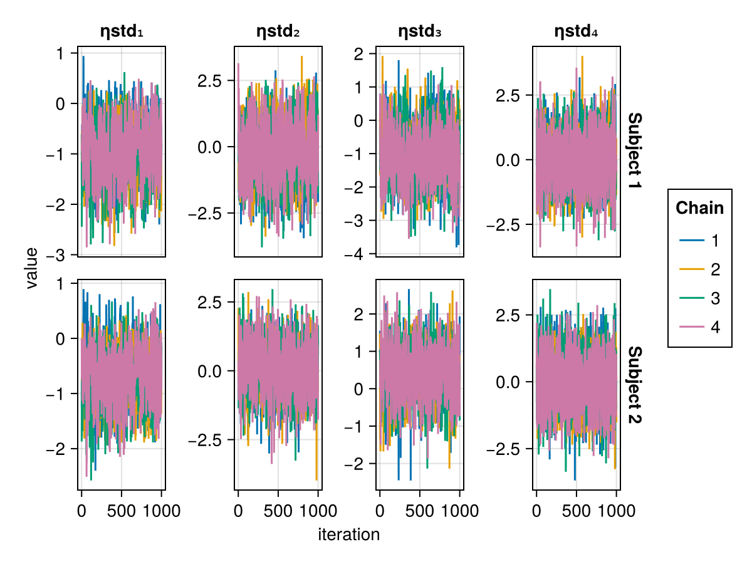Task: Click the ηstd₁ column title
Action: [122, 31]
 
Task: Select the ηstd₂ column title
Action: [278, 31]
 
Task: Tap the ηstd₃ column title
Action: [420, 31]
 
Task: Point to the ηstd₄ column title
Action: [577, 31]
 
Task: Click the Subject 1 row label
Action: [634, 152]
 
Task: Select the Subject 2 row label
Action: [634, 385]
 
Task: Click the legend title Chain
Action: [699, 208]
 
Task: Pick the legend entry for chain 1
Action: [699, 240]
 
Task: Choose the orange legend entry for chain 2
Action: [699, 269]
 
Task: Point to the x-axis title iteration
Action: [349, 535]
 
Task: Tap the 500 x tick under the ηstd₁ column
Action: [121, 510]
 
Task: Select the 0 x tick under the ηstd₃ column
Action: [380, 510]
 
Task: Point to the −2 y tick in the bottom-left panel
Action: [60, 449]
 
